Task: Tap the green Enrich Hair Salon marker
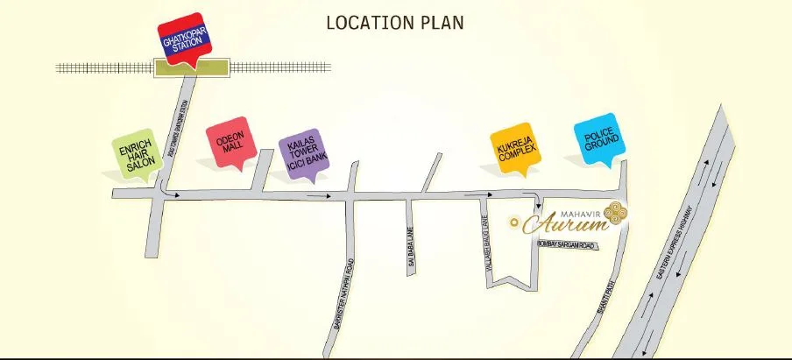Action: [x=136, y=157]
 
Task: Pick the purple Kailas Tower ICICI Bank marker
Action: [x=301, y=154]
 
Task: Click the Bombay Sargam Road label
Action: [x=564, y=245]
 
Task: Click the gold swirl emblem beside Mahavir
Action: [x=617, y=214]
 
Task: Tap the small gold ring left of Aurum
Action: [x=515, y=221]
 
